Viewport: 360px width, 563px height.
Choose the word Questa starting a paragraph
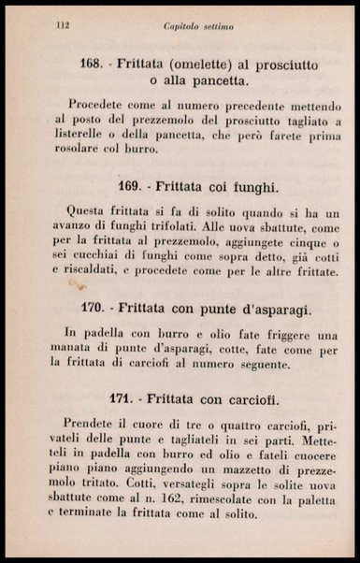pos(87,212)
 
